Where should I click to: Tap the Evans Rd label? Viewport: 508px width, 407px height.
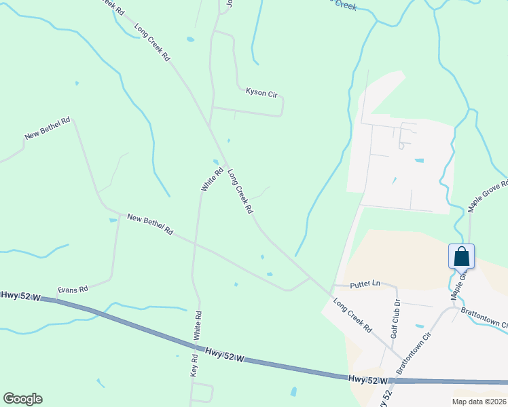click(x=73, y=289)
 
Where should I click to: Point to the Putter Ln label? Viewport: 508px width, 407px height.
click(x=365, y=285)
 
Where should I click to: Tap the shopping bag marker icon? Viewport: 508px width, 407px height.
click(x=461, y=256)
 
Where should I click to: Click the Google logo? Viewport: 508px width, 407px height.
click(x=22, y=399)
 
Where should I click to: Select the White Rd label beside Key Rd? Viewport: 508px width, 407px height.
click(x=198, y=326)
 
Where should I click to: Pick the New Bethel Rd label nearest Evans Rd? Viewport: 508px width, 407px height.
click(x=150, y=224)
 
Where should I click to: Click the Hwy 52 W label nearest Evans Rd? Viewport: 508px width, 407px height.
click(x=21, y=296)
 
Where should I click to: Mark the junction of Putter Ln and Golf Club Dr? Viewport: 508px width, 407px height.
click(x=397, y=286)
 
